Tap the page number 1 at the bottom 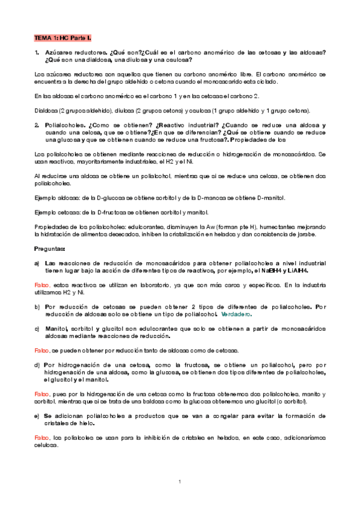pos(180,481)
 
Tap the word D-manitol pos(270,198)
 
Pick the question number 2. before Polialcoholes pos(37,126)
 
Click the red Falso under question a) pos(41,284)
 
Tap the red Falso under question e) pos(41,436)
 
